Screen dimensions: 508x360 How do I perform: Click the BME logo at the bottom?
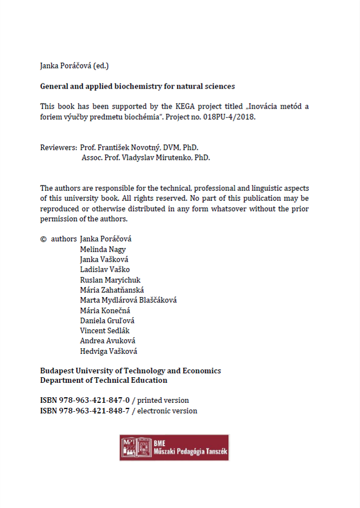pyautogui.click(x=174, y=447)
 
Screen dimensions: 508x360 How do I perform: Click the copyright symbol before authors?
pyautogui.click(x=43, y=239)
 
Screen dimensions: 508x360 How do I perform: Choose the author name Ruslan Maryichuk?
pyautogui.click(x=110, y=280)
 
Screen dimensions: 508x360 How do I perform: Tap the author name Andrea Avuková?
pyautogui.click(x=107, y=341)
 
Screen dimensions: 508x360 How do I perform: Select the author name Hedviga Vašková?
pyautogui.click(x=109, y=351)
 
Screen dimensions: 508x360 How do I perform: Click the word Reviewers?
pyautogui.click(x=58, y=147)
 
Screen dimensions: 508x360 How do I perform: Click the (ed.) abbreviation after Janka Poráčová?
pyautogui.click(x=100, y=66)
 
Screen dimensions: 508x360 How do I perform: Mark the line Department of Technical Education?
pyautogui.click(x=103, y=381)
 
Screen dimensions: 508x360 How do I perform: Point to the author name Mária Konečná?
pyautogui.click(x=105, y=310)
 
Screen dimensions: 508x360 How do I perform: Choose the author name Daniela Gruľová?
pyautogui.click(x=107, y=320)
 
